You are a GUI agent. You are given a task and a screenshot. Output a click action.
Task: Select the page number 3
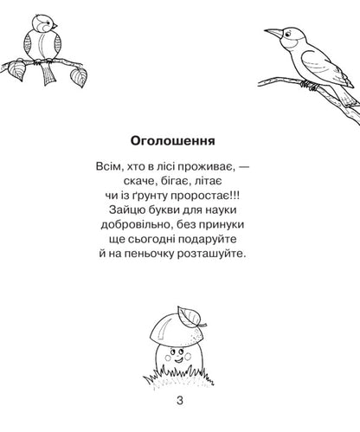pyautogui.click(x=179, y=399)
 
